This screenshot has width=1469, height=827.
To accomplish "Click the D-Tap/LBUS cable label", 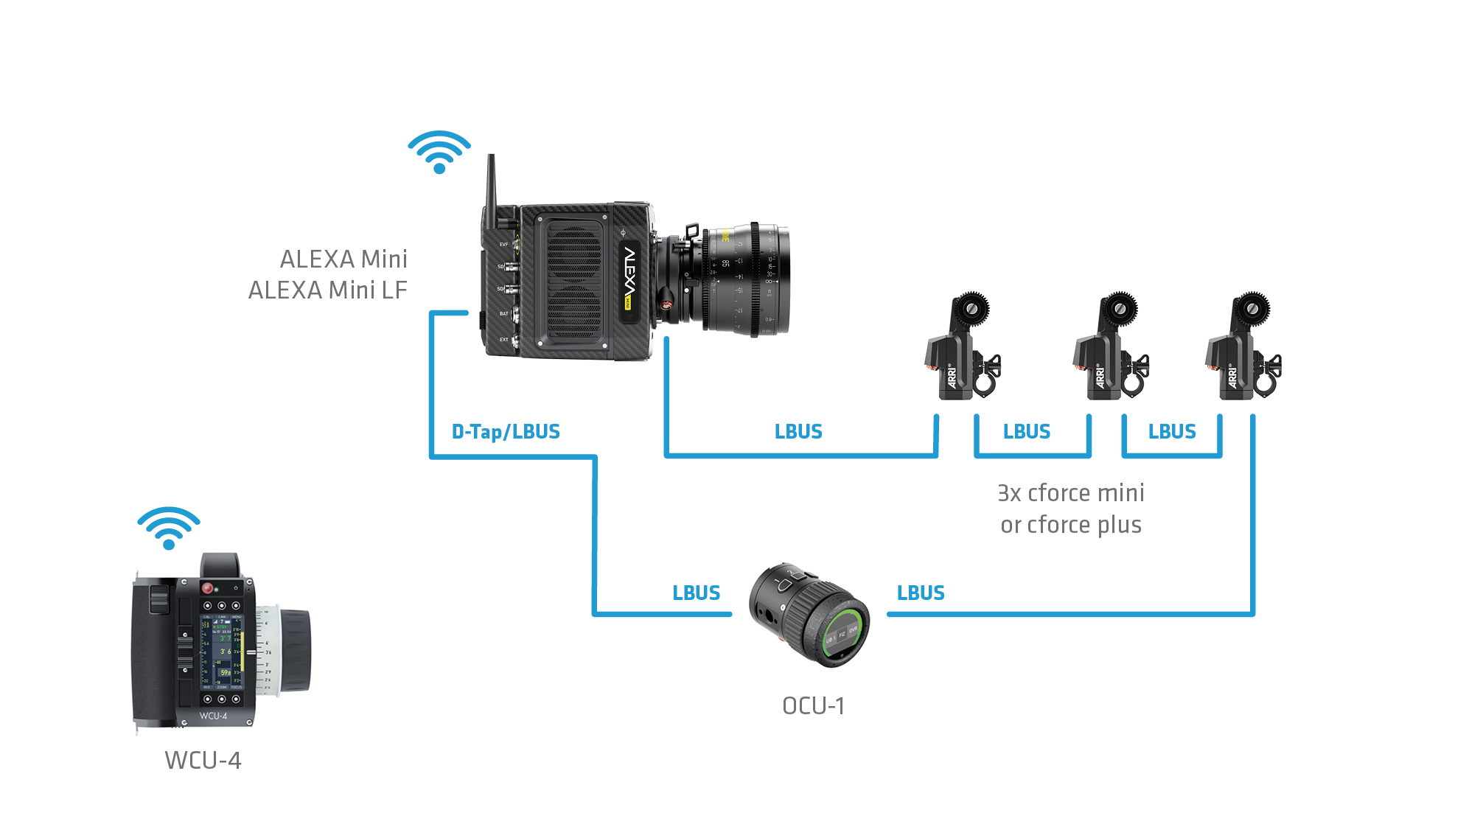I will [506, 432].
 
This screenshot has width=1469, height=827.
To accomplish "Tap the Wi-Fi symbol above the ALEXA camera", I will [439, 152].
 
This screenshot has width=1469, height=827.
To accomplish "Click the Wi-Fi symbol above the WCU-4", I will [169, 528].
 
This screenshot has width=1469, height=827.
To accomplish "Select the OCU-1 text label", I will [813, 706].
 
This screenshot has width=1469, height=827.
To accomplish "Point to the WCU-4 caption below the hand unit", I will [203, 760].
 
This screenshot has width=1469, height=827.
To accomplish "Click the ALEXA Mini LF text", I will [327, 290].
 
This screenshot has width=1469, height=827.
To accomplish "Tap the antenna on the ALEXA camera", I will [491, 184].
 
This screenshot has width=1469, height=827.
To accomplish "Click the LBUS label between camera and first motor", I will [798, 432].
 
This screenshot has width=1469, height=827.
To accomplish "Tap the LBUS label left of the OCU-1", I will [696, 593].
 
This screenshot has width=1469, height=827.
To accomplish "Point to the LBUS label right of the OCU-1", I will [921, 593].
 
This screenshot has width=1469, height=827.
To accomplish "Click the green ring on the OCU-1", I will [845, 635].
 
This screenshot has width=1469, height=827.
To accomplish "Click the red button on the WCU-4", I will [208, 588].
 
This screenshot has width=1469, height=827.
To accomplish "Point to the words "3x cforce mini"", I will [1070, 493].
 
